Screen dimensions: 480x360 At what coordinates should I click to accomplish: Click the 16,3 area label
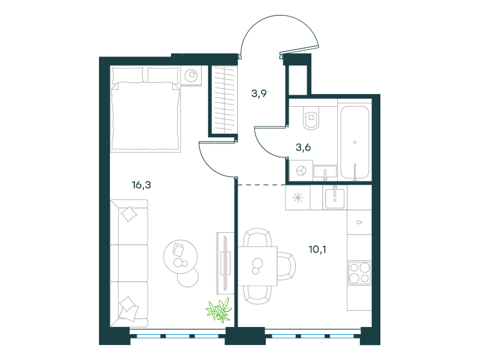click(x=142, y=185)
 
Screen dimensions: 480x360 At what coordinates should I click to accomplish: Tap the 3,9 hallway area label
click(x=259, y=94)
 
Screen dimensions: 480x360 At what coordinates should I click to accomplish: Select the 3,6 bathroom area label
click(x=303, y=148)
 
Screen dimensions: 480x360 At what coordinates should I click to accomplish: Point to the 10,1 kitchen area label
click(x=317, y=250)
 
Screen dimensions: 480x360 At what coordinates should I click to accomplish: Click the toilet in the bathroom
click(x=311, y=118)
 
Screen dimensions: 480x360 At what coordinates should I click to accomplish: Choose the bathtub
click(x=355, y=142)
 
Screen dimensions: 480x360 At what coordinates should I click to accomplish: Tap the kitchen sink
click(x=335, y=197)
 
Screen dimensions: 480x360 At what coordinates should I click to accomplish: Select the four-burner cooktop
click(x=359, y=273)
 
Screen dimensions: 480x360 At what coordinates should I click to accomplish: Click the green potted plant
click(x=219, y=310)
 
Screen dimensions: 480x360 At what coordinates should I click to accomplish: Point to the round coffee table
click(x=181, y=257)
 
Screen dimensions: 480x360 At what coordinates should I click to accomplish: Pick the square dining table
click(x=257, y=266)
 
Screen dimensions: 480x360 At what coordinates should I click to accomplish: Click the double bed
click(x=145, y=109)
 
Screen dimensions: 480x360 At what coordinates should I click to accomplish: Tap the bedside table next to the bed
click(x=191, y=76)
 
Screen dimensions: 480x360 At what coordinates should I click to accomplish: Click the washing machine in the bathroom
click(x=301, y=171)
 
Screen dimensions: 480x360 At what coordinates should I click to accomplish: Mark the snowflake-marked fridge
click(x=298, y=198)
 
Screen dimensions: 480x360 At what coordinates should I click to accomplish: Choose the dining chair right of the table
click(x=287, y=266)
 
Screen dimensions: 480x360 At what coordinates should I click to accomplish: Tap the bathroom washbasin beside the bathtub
click(x=325, y=173)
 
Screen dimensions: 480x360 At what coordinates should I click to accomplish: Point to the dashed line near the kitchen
click(x=262, y=185)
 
